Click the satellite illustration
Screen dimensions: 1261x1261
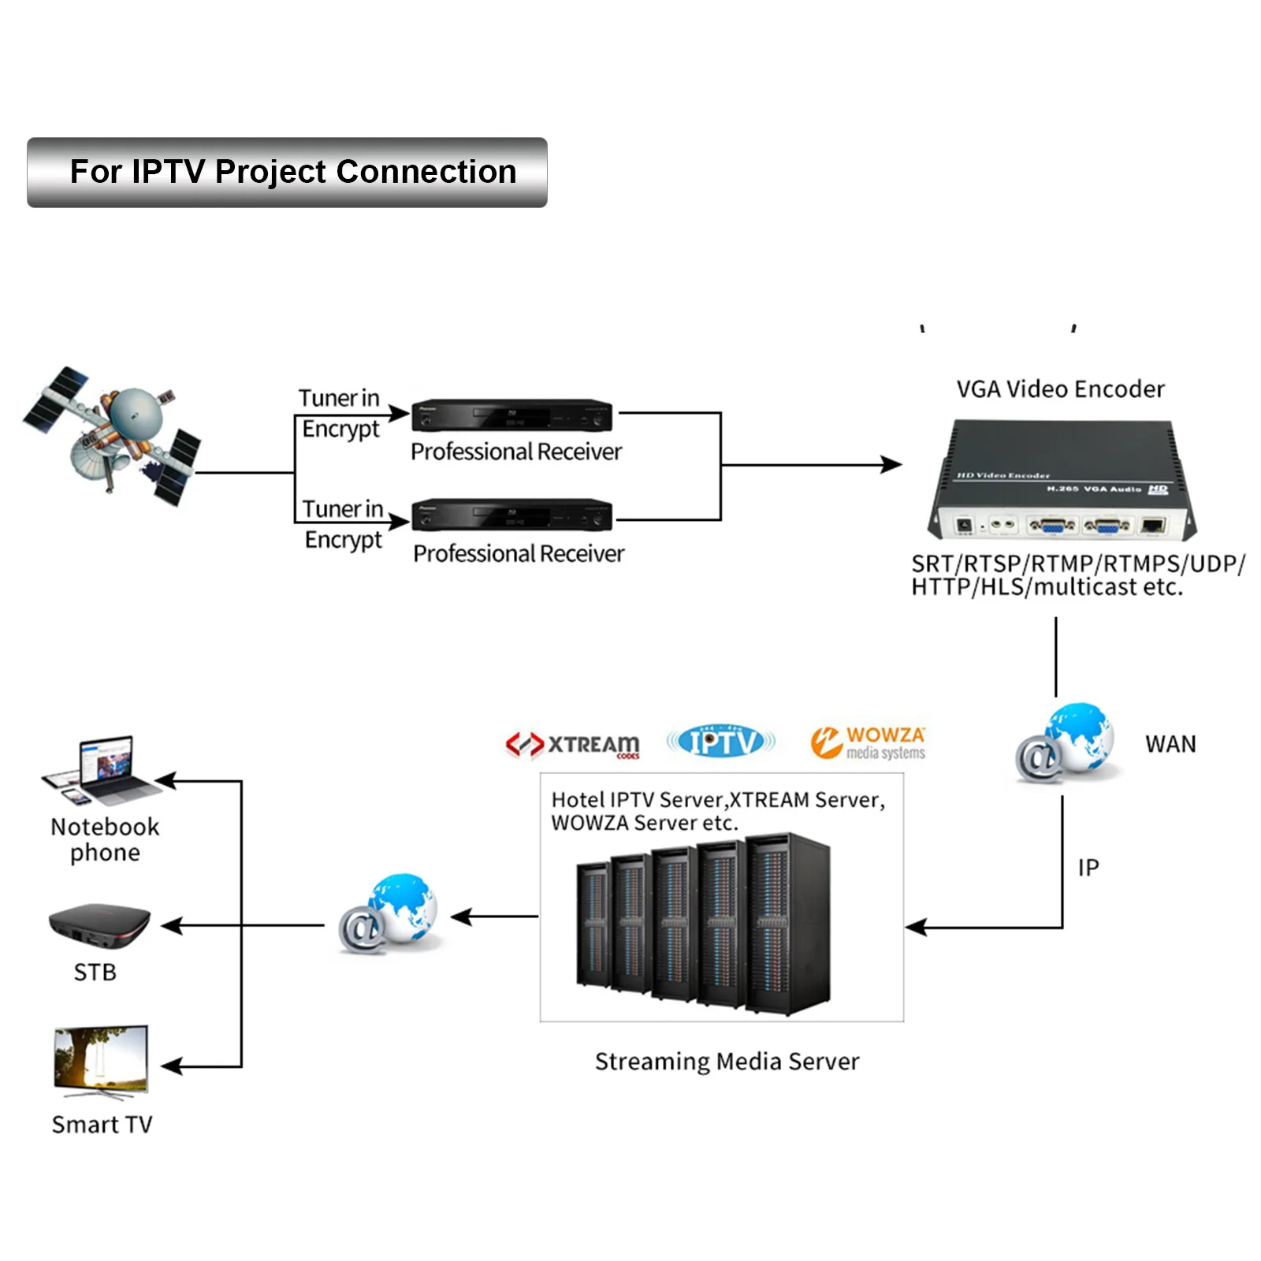[113, 435]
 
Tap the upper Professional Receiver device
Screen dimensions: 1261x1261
[512, 415]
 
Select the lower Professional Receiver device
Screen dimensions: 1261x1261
[512, 515]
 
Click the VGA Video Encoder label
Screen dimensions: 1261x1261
[1060, 389]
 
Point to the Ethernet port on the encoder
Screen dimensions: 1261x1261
[1152, 526]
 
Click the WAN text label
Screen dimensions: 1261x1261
[1170, 744]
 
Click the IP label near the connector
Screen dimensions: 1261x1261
[1088, 868]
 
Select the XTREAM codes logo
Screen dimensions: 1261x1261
[573, 745]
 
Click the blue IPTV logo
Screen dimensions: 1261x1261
[721, 741]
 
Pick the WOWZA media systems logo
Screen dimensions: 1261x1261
[868, 742]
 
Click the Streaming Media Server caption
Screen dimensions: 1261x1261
[727, 1062]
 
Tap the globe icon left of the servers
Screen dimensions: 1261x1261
[389, 913]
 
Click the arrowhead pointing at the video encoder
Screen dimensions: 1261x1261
[892, 465]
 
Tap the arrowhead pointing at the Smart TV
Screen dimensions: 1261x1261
[171, 1066]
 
